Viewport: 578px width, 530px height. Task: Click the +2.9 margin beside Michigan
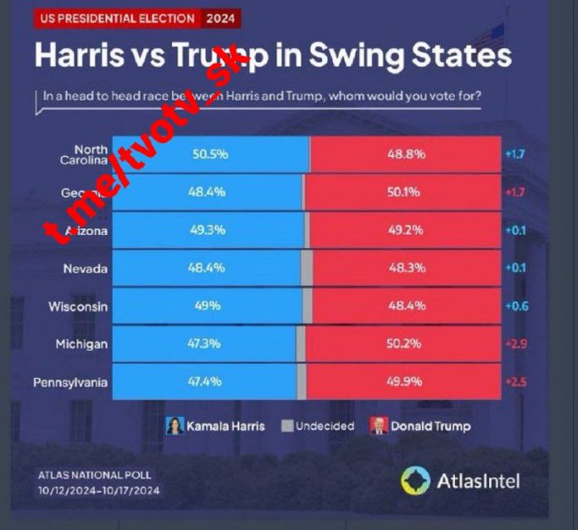tap(516, 344)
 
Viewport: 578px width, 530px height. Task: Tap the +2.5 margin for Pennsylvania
tap(516, 382)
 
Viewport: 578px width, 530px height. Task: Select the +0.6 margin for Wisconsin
tap(516, 307)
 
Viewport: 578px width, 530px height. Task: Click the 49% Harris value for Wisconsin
tap(208, 307)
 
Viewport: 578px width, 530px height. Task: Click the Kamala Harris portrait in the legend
tap(176, 426)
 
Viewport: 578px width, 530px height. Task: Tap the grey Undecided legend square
tap(287, 426)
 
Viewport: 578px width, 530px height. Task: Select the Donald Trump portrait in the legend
tap(379, 426)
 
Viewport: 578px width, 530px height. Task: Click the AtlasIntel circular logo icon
tap(415, 480)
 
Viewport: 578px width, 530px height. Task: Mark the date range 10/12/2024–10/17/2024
tap(97, 491)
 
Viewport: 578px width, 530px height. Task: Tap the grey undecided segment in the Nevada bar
tap(306, 269)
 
